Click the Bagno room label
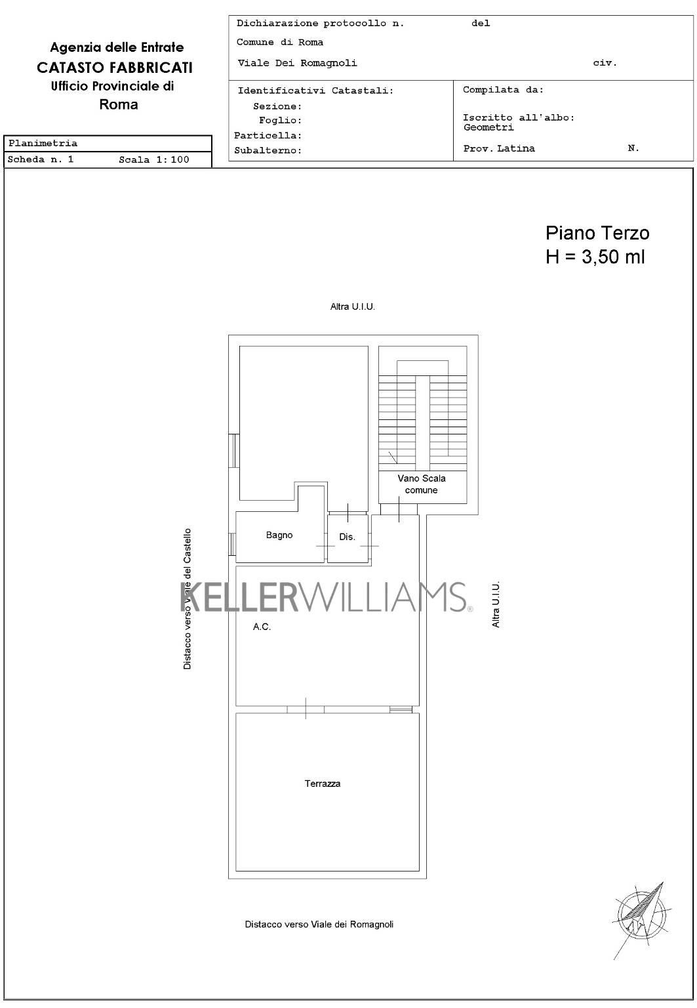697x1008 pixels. pos(279,535)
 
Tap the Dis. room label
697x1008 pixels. pos(347,537)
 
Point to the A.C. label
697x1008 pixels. pos(262,627)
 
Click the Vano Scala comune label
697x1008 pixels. pos(422,484)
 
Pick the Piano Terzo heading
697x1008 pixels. pos(597,233)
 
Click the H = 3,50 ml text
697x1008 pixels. pos(595,257)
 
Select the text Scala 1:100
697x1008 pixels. pos(154,159)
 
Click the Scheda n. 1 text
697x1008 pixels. pos(41,159)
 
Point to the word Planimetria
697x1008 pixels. pos(43,143)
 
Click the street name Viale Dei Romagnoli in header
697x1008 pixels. pos(297,63)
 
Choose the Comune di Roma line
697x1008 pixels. pos(280,42)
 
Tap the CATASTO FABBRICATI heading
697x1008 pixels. pos(115,68)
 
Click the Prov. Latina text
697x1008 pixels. pos(499,148)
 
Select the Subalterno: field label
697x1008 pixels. pos(268,150)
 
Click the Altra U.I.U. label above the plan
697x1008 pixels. pos(353,306)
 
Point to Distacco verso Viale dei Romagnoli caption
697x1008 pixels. pos(319,924)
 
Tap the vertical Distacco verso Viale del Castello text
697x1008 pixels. pos(187,599)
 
